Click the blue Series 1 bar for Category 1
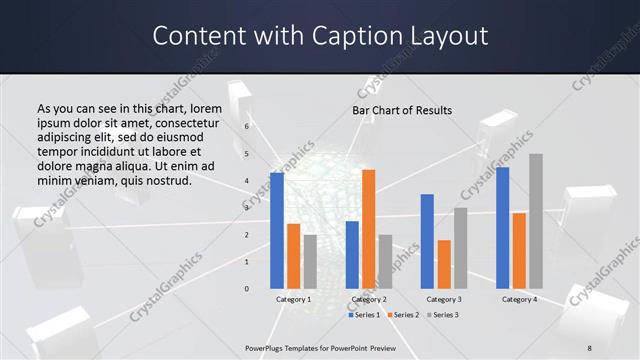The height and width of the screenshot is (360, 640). (x=277, y=231)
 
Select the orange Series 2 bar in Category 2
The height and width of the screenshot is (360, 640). (x=369, y=229)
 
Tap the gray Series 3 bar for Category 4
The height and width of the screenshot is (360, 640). (x=536, y=221)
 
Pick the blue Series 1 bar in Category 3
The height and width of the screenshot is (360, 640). (x=427, y=241)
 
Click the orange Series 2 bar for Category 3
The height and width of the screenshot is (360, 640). (x=444, y=264)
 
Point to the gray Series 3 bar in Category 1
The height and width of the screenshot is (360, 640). (x=310, y=262)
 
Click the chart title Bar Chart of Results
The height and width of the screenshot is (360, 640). (x=402, y=110)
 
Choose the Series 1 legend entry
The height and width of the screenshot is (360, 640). (x=364, y=315)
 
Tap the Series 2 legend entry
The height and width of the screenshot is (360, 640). (x=403, y=315)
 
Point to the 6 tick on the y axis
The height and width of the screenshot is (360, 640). (x=246, y=127)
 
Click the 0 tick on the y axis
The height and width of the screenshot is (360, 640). (x=246, y=289)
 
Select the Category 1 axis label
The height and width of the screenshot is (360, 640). (x=294, y=299)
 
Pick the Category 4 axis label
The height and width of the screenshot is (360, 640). (x=519, y=299)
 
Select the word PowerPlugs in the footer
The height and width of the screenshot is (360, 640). (x=266, y=348)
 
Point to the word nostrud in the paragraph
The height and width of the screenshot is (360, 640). (x=165, y=180)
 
